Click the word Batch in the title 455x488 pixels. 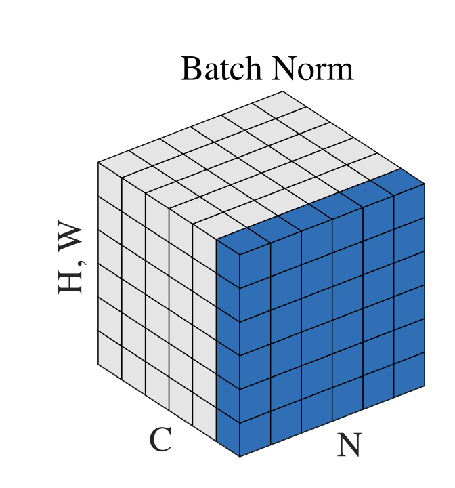tap(221, 68)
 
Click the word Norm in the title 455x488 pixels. tap(313, 68)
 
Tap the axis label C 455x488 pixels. tap(160, 439)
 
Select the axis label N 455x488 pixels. tap(349, 445)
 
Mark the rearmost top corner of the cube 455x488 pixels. tap(283, 91)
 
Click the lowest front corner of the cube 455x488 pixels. tap(240, 457)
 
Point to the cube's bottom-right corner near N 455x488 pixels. tap(425, 386)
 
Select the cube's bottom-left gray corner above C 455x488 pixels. tap(98, 364)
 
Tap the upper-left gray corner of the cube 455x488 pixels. tap(98, 162)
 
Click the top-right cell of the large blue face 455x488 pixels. tap(409, 207)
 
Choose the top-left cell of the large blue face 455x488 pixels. tap(255, 265)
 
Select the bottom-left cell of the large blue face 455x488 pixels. tap(255, 434)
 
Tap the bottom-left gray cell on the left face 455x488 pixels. tap(110, 354)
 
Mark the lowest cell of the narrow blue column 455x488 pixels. tap(228, 432)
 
